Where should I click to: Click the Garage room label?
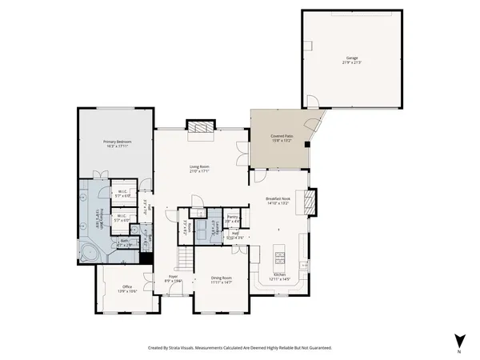tap(352, 58)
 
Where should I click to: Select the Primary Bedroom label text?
tap(117, 142)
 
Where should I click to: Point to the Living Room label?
tap(199, 167)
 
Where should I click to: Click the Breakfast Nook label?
tap(278, 200)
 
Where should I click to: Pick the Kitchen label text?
tap(280, 274)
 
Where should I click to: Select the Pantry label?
tap(233, 216)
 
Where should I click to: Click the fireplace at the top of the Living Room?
tap(200, 127)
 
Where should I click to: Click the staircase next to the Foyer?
tap(185, 258)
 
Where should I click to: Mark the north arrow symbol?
tap(458, 340)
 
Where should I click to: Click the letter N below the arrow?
tap(459, 352)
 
